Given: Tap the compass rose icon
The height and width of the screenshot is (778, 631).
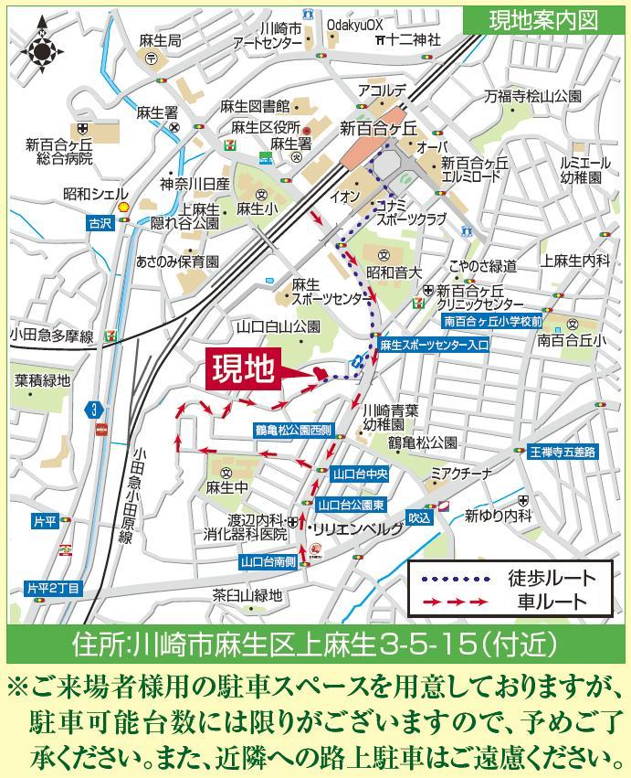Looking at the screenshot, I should click(42, 51).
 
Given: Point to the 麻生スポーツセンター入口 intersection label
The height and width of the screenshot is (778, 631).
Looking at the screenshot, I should click(435, 346).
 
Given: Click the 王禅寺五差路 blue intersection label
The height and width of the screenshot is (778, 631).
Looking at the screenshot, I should click(563, 452).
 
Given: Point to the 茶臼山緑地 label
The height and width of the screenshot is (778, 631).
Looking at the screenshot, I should click(247, 595).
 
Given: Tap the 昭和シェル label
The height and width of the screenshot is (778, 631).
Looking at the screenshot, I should click(95, 194).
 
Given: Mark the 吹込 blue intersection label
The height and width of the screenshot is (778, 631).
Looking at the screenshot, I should click(419, 517).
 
